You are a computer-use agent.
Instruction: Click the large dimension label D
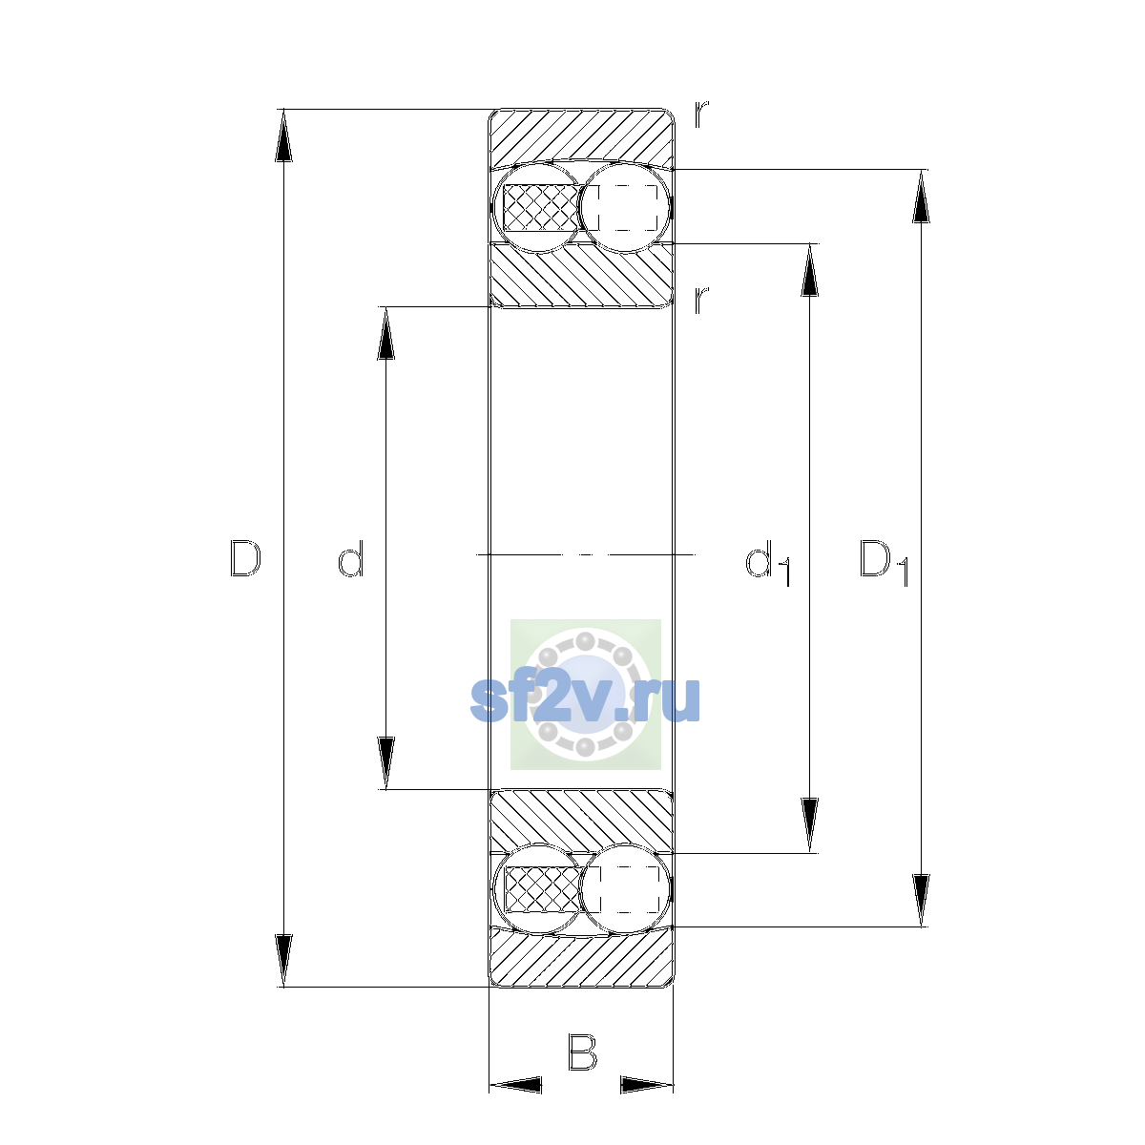pos(245,558)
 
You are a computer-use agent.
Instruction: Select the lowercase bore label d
pos(350,558)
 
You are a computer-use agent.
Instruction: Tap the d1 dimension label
pos(768,562)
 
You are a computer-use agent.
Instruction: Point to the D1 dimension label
pos(884,562)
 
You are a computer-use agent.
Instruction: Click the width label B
pos(582,1051)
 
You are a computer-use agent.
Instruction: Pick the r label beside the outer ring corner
pos(701,114)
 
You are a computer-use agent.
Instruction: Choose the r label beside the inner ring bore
pos(701,300)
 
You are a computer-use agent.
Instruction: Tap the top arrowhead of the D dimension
pos(283,135)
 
